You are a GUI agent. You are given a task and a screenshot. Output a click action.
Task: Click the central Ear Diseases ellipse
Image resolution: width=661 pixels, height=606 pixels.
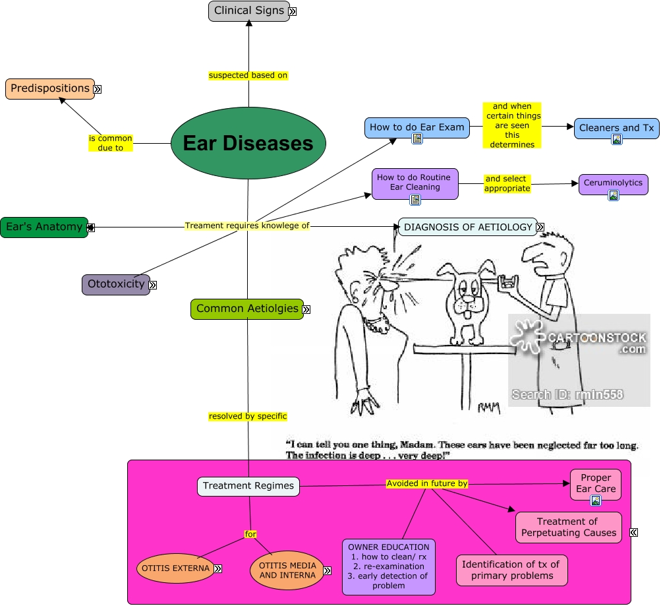(248, 143)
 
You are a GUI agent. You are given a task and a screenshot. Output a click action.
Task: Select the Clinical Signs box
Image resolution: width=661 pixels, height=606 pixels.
(248, 11)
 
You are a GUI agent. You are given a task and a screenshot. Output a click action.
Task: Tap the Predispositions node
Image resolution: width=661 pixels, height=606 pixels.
(49, 88)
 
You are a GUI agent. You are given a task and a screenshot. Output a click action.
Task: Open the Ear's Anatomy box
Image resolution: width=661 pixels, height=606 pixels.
(43, 227)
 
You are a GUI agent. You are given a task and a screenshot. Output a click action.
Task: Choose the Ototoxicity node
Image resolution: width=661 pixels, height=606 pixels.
(115, 284)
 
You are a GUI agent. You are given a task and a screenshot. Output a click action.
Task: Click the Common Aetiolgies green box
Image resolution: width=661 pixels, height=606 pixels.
(246, 309)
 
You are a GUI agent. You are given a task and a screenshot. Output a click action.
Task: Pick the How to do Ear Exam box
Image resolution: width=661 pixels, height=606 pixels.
(417, 127)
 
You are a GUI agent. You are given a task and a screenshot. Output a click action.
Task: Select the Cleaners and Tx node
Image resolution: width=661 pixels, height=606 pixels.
(616, 127)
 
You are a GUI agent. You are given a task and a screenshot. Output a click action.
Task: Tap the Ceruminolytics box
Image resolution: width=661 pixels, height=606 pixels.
(612, 183)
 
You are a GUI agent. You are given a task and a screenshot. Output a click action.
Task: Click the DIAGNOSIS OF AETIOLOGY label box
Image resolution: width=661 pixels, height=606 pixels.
(467, 227)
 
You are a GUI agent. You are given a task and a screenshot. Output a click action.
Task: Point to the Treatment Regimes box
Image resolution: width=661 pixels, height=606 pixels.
(248, 486)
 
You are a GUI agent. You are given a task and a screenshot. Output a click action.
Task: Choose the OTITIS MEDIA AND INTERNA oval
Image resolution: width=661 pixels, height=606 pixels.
(287, 570)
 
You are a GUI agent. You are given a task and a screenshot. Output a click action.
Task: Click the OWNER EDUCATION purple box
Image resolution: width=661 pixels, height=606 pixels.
(388, 566)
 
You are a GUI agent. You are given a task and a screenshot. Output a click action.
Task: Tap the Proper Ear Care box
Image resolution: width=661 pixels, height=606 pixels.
(595, 483)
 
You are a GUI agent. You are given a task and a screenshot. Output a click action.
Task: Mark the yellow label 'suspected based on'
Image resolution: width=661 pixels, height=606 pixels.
(248, 75)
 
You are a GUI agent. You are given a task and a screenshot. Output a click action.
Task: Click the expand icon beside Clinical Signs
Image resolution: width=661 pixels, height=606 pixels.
(292, 11)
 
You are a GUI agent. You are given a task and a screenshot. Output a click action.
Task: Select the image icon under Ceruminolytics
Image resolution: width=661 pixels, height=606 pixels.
(613, 195)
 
